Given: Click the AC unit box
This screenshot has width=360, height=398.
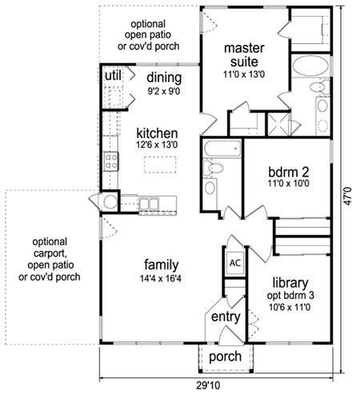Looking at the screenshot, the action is tap(235, 263).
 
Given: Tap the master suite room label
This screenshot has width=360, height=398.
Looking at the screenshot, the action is tap(244, 55).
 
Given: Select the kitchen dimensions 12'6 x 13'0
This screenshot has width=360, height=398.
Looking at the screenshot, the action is tap(157, 145).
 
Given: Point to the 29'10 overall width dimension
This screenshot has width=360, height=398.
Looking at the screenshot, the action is tap(209, 385).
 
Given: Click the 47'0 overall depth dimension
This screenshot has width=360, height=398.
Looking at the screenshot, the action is tap(348, 197).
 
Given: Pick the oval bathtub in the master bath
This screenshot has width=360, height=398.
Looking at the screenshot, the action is tap(310, 66).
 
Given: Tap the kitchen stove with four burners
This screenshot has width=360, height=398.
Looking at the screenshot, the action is tap(111, 161).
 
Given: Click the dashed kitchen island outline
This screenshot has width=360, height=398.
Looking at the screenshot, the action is tap(160, 165).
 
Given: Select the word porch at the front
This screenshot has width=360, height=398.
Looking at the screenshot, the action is tap(226, 356).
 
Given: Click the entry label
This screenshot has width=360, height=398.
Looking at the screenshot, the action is tap(226, 316).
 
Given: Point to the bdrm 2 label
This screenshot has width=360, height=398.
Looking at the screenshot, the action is tap(289, 172).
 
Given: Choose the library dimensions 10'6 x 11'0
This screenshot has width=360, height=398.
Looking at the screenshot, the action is tap(290, 308).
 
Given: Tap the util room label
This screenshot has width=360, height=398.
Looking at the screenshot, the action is tap(113, 76).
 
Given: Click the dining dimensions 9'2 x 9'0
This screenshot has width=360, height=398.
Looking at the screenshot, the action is tap(164, 91).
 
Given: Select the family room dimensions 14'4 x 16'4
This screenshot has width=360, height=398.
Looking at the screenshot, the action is tap(161, 279).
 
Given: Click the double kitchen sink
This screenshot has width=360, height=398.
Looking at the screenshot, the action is tap(149, 204).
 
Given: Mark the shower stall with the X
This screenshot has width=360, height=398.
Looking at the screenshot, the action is tap(278, 125).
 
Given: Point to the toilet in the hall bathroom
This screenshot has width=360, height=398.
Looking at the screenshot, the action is tap(213, 168).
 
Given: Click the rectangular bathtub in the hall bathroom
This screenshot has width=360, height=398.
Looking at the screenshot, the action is tap(222, 149).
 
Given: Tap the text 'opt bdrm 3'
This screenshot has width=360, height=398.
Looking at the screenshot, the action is tap(290, 295).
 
